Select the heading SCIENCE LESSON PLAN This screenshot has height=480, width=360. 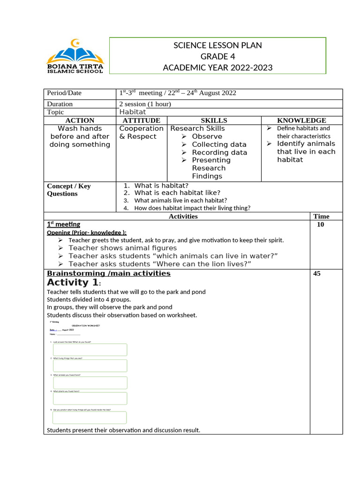coord(217,45)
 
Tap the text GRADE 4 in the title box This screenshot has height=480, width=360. coord(217,57)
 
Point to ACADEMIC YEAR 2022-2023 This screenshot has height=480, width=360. coord(217,68)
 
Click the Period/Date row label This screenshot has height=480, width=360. coord(64,93)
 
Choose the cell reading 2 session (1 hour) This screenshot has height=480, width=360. coord(145,104)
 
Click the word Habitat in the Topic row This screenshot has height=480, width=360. coord(133,112)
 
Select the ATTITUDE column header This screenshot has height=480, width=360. coord(141,120)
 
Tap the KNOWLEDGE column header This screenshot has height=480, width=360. coord(301,120)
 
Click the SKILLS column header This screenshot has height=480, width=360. coord(214,120)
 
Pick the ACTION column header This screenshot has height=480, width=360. coord(80,120)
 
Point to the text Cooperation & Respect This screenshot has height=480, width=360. coord(141,132)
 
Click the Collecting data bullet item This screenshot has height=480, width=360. coord(219,144)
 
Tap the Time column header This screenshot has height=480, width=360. coord(321,216)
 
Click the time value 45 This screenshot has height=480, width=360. coord(317,274)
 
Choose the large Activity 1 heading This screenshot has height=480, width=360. coord(73,282)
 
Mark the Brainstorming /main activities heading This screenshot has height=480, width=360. coord(109,273)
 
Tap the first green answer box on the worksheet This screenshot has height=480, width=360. coord(90,350)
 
